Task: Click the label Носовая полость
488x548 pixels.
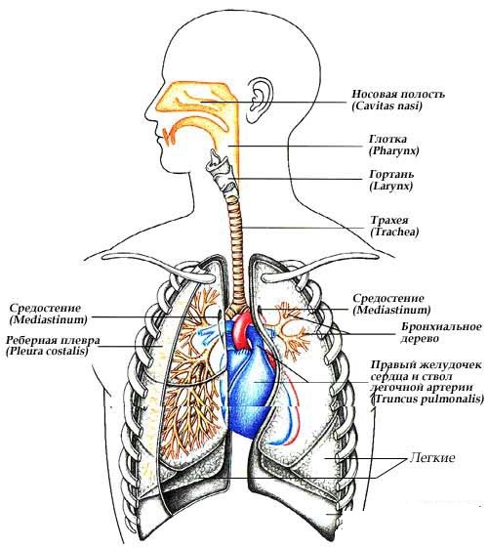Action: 398,95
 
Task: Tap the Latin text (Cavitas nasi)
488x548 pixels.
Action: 386,105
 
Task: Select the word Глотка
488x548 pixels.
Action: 387,139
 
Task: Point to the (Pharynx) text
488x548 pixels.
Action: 393,151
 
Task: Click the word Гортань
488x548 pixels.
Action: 391,174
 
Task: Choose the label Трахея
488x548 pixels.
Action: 389,221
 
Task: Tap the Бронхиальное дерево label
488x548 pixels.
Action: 441,332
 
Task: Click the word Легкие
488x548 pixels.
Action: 432,457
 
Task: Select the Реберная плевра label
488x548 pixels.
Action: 53,340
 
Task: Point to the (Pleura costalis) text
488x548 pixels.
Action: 47,352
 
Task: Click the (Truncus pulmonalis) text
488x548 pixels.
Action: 427,399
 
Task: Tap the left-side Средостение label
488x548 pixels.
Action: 45,309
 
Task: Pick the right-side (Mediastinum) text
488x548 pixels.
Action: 391,310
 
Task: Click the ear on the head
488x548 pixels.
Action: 260,100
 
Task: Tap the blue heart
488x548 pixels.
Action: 249,381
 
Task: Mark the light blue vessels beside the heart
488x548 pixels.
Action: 207,335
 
